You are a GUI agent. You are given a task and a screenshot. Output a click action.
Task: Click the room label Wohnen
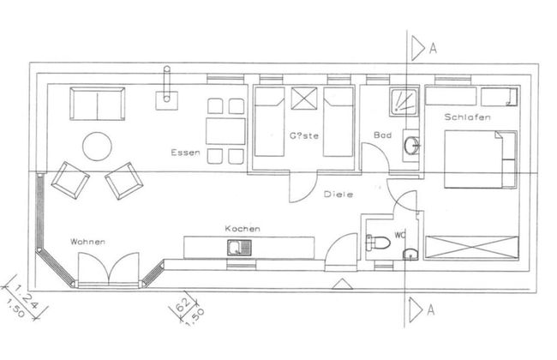tap(88, 242)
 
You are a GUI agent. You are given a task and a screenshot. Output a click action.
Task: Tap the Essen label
tap(186, 153)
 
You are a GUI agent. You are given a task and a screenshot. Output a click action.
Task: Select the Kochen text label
tap(243, 229)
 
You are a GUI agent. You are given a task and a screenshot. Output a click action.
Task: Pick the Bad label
tap(383, 135)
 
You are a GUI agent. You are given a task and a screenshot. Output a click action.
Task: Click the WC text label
tap(400, 233)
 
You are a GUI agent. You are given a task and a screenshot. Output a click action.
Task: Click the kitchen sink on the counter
tap(236, 248)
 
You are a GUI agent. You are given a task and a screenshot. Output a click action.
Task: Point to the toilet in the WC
tap(377, 243)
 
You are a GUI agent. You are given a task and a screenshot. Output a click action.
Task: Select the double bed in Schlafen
tap(480, 159)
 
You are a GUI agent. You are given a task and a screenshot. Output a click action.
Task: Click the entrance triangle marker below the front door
tap(340, 284)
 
